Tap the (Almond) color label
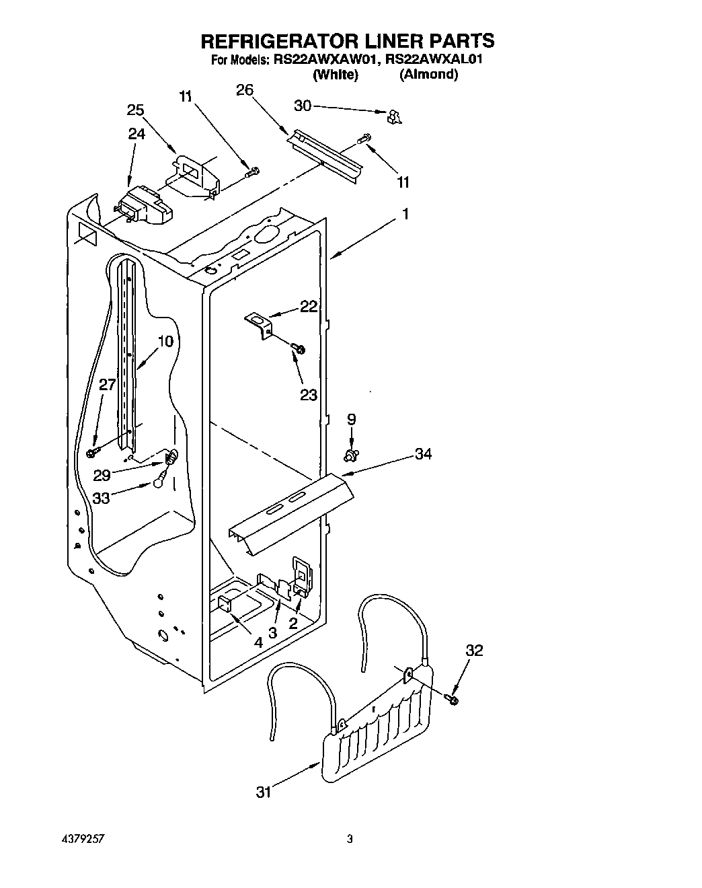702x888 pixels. [x=428, y=75]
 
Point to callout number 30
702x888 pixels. [x=303, y=105]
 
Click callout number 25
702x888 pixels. [x=136, y=110]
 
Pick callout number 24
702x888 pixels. [x=136, y=134]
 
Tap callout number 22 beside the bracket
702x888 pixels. [x=309, y=307]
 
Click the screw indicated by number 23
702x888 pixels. [x=299, y=348]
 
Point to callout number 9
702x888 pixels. [x=351, y=419]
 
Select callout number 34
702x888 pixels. [x=423, y=454]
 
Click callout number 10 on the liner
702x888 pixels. [x=165, y=340]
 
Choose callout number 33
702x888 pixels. [x=101, y=499]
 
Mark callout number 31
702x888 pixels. [x=264, y=792]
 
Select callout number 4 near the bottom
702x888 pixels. [x=258, y=641]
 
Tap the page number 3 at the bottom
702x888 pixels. [x=350, y=839]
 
